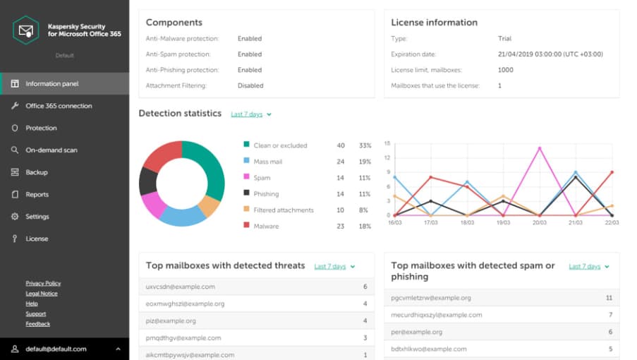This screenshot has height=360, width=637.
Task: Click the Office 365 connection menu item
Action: coord(59,106)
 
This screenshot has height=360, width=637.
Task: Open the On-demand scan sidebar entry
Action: coord(51,150)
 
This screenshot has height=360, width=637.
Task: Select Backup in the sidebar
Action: coord(37,172)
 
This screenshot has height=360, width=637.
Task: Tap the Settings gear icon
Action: coord(15,217)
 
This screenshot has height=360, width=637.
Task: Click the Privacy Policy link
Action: coord(43,283)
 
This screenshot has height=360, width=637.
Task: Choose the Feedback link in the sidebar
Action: coord(38,324)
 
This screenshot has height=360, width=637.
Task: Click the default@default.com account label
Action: coord(55,349)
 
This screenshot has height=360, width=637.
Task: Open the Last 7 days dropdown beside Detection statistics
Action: coord(250,114)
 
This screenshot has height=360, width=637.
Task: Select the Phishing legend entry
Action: coord(266,194)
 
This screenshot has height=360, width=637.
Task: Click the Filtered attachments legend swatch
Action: coord(246,210)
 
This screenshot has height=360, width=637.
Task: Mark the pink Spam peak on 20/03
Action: coord(540,148)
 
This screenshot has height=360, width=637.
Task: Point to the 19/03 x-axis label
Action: coord(503,222)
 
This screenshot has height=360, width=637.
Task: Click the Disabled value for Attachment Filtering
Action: coord(250,85)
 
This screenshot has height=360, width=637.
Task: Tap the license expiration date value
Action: coord(550,54)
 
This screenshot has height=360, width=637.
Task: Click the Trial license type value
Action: coord(504,39)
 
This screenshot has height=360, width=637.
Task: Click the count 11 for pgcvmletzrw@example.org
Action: coord(609,298)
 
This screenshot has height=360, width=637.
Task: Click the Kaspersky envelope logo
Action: coord(26,30)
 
